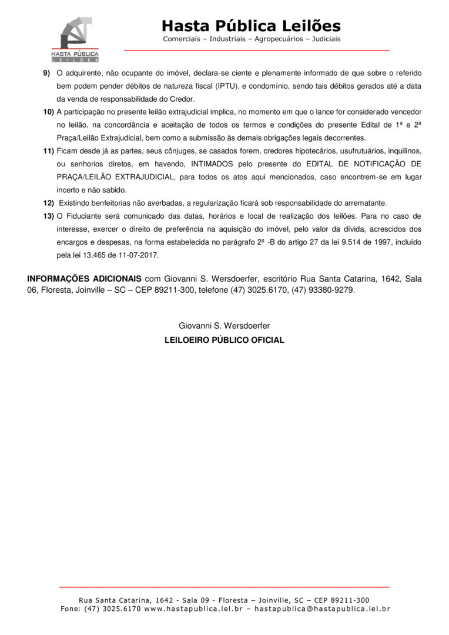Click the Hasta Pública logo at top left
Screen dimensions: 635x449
tap(75, 39)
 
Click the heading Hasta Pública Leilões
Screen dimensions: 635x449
tap(251, 26)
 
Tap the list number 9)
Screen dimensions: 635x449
tap(46, 73)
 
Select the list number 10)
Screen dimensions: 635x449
tap(48, 112)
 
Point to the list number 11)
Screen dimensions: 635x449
tap(48, 151)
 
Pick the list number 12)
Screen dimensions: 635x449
tap(48, 203)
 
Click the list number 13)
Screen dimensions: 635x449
tap(48, 216)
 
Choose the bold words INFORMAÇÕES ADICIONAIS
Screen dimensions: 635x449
tap(84, 278)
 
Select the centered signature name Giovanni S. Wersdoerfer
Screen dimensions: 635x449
tap(224, 325)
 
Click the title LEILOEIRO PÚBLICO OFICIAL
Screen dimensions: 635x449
tap(224, 340)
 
